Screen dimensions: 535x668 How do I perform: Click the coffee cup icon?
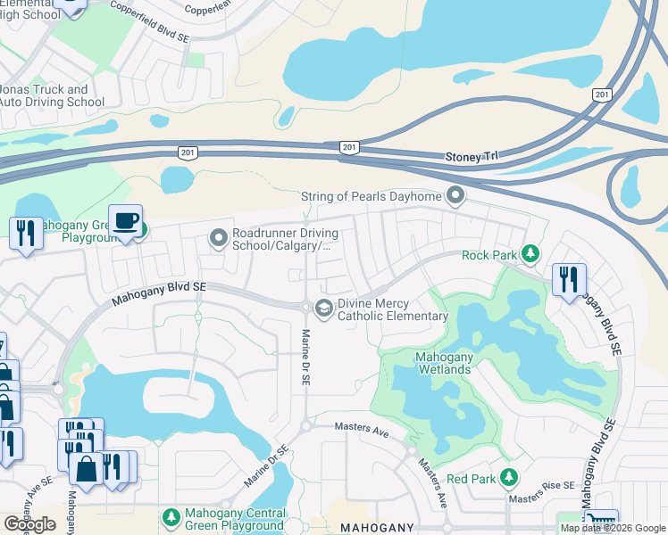click(127, 220)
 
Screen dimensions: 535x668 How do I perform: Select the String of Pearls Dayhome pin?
click(456, 194)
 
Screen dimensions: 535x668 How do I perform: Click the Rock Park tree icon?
click(530, 255)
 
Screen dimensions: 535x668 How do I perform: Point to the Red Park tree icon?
click(508, 479)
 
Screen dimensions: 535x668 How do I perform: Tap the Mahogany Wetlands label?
click(430, 363)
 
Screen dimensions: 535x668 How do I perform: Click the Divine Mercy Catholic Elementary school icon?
click(323, 309)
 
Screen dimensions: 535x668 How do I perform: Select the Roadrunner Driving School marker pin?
click(218, 238)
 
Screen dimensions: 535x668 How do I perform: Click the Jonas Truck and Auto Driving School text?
click(53, 95)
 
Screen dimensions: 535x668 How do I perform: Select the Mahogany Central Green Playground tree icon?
click(171, 517)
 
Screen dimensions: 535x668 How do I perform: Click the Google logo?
click(29, 523)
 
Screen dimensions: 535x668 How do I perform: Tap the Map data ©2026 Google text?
click(613, 528)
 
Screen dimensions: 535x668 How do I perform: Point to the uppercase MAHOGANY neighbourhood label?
click(376, 528)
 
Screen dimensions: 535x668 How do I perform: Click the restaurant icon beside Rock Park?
click(568, 279)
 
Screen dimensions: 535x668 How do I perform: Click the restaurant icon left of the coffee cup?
click(25, 233)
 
